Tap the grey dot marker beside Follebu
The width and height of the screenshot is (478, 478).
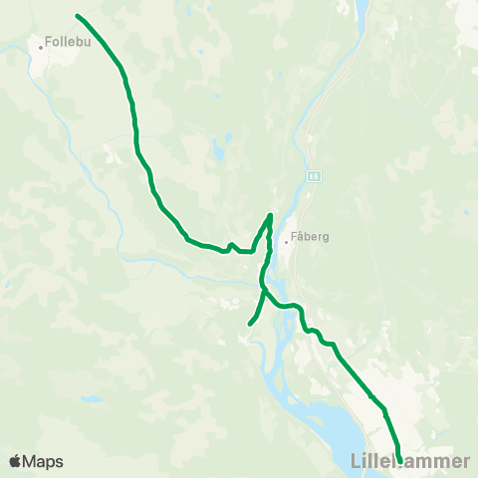pos(41,45)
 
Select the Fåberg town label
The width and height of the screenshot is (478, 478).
pos(310,239)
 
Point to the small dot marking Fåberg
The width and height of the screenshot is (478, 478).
pos(286,240)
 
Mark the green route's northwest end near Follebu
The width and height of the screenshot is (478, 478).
pos(78,16)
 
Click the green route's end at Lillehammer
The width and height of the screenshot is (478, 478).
pos(399,459)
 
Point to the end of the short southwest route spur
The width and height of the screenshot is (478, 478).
pos(249,323)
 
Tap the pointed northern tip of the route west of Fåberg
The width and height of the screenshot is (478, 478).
pos(270,214)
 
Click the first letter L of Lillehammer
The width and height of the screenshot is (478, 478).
pos(358,461)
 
